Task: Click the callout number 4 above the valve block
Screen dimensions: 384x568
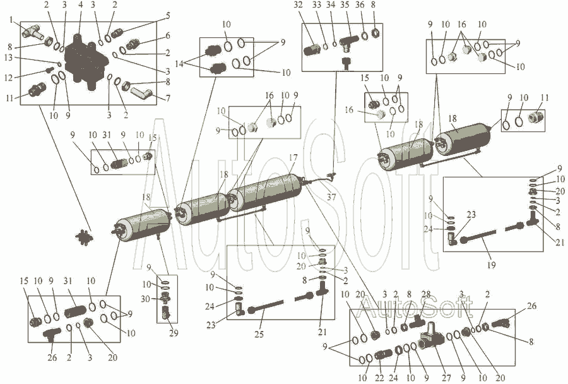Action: click(x=80, y=5)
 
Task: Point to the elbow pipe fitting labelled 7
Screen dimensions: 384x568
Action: click(x=139, y=95)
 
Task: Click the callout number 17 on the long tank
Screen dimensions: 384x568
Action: click(x=293, y=157)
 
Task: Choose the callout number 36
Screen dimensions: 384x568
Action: click(x=360, y=5)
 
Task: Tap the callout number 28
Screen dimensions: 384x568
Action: click(x=425, y=294)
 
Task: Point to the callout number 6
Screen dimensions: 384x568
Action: click(x=167, y=35)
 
